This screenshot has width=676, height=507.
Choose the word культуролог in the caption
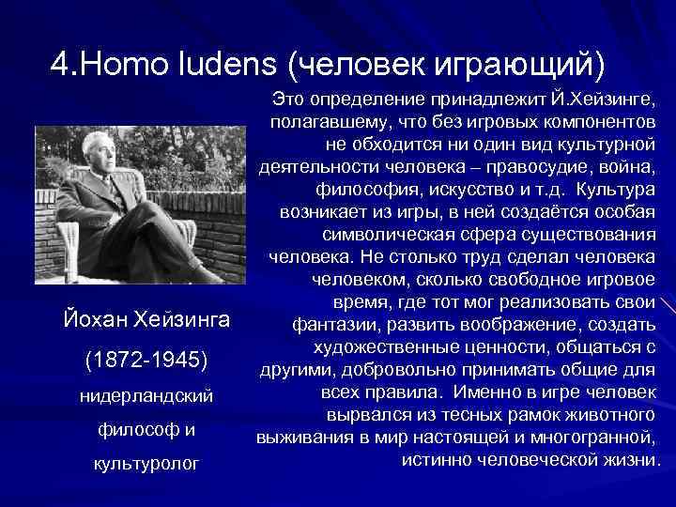click(146, 464)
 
